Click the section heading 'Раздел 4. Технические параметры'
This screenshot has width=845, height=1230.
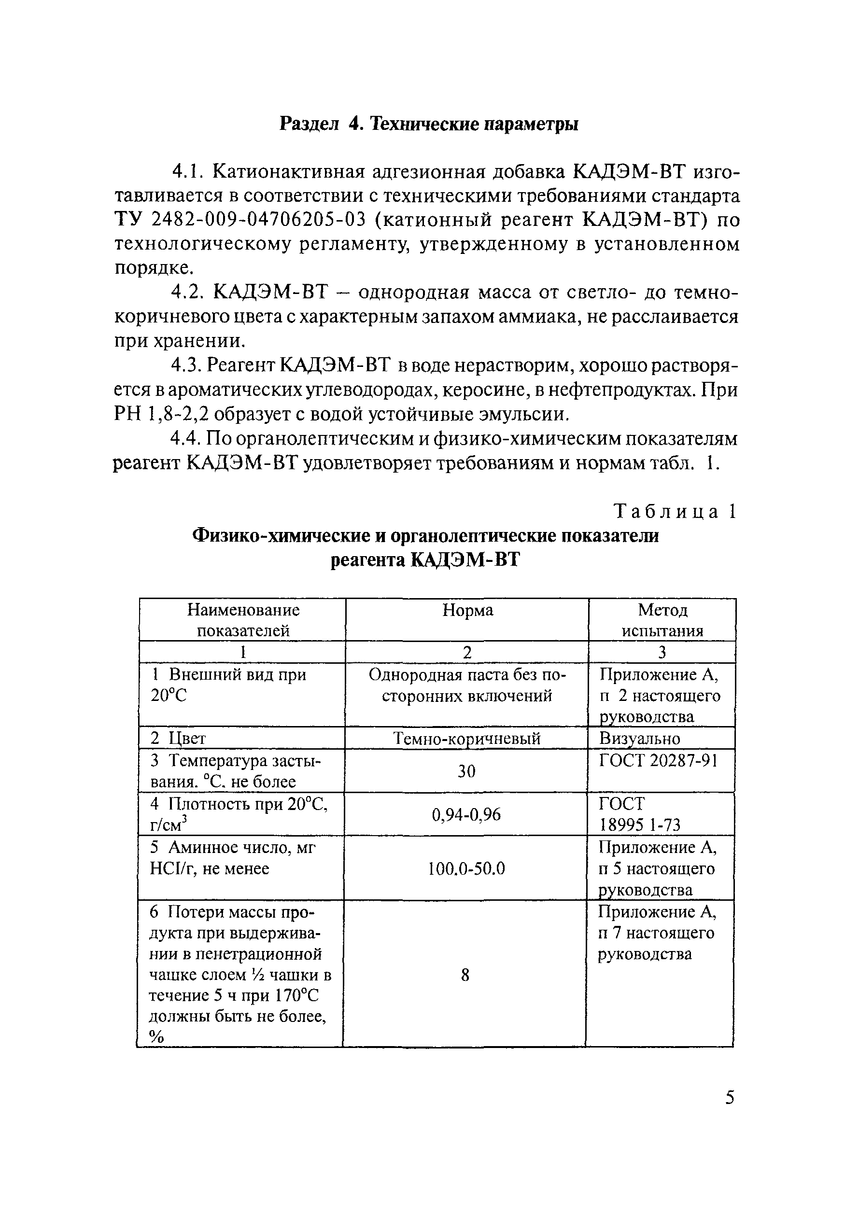pyautogui.click(x=428, y=124)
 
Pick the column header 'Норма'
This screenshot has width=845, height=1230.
pyautogui.click(x=467, y=610)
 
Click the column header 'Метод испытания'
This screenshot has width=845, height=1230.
pyautogui.click(x=662, y=620)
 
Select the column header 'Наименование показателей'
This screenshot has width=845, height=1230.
pyautogui.click(x=243, y=620)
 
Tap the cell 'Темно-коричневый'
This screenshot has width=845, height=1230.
pyautogui.click(x=466, y=738)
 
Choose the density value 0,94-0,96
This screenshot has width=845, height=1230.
pyautogui.click(x=466, y=814)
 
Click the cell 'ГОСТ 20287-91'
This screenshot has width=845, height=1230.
pyautogui.click(x=658, y=761)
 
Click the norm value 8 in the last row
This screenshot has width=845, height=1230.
pyautogui.click(x=465, y=975)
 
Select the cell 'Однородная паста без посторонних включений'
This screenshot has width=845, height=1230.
pyautogui.click(x=467, y=685)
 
